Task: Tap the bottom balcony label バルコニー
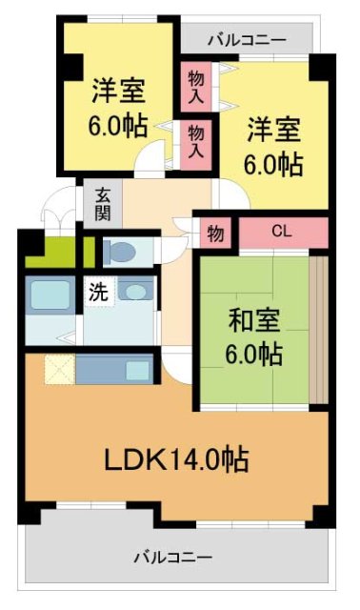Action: coord(172,555)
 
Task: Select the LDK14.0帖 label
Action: coord(176,461)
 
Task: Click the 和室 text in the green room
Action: coord(253,320)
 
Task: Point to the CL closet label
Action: coord(281,231)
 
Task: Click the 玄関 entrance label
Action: coord(102,202)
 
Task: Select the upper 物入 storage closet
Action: coord(196,86)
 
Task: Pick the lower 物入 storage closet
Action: coord(196,139)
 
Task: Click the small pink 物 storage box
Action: coord(215,233)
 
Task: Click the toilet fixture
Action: coord(120,253)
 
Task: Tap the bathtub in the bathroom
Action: coord(47,294)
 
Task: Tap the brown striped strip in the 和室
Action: coord(319,329)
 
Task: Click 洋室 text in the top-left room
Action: coord(118,92)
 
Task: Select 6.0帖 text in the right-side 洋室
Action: coord(275,164)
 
